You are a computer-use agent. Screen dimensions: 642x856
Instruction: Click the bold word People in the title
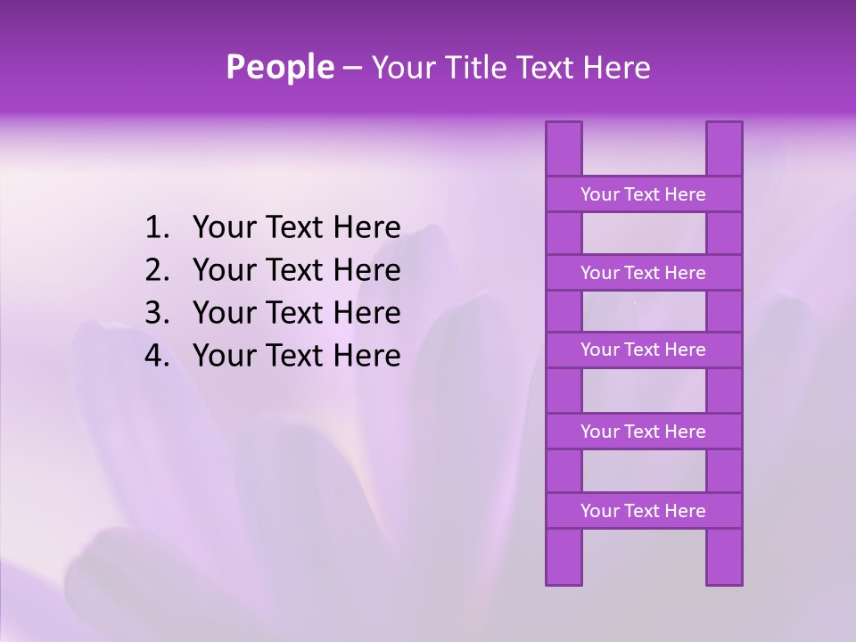(279, 68)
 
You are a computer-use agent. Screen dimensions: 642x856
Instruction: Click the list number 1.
(155, 228)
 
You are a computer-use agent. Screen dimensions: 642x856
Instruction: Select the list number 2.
(155, 270)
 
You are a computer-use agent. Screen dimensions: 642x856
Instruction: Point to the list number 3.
(155, 313)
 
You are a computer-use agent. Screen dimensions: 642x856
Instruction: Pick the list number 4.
(155, 356)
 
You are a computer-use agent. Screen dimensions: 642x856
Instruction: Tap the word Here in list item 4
(366, 356)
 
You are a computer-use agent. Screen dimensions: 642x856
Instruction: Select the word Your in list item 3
(223, 313)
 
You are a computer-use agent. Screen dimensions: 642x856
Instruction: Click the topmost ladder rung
(643, 194)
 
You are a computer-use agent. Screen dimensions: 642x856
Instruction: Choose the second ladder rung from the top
(643, 273)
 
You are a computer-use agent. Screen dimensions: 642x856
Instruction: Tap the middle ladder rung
(643, 350)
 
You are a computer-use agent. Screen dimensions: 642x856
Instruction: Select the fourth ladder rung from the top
(643, 432)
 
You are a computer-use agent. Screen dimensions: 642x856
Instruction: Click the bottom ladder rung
(643, 511)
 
